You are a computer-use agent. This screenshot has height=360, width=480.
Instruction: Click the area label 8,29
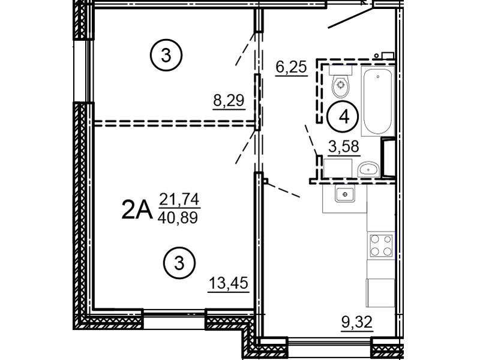coord(229,101)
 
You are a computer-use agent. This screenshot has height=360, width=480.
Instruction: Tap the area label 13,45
coord(229,283)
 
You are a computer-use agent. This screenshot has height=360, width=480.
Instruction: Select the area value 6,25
coord(291,67)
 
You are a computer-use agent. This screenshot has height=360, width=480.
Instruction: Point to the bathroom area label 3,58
coord(343,146)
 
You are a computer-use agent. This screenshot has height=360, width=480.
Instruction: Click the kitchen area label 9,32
coord(357,322)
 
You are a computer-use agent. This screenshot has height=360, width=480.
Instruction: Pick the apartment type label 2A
coord(137,209)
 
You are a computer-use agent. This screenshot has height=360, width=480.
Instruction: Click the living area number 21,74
coord(179,199)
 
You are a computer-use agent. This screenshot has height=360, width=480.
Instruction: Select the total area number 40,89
coord(178,218)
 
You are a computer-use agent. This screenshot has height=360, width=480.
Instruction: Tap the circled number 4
coord(344,116)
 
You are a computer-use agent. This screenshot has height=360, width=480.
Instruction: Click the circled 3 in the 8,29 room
coord(166,56)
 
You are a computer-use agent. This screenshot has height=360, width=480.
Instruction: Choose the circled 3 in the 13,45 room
coord(179,263)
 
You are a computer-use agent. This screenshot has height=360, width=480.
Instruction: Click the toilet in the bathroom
coord(340,81)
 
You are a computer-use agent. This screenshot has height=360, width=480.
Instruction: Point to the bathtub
coord(377,100)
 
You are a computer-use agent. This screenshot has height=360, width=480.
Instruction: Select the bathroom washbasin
coord(368,169)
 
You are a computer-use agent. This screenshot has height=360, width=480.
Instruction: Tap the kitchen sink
coord(344,194)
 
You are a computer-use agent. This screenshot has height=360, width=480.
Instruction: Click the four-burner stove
coord(381,245)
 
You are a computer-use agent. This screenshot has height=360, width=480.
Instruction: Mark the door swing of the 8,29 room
coord(245,49)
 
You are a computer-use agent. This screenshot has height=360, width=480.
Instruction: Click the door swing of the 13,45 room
coord(245,147)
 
